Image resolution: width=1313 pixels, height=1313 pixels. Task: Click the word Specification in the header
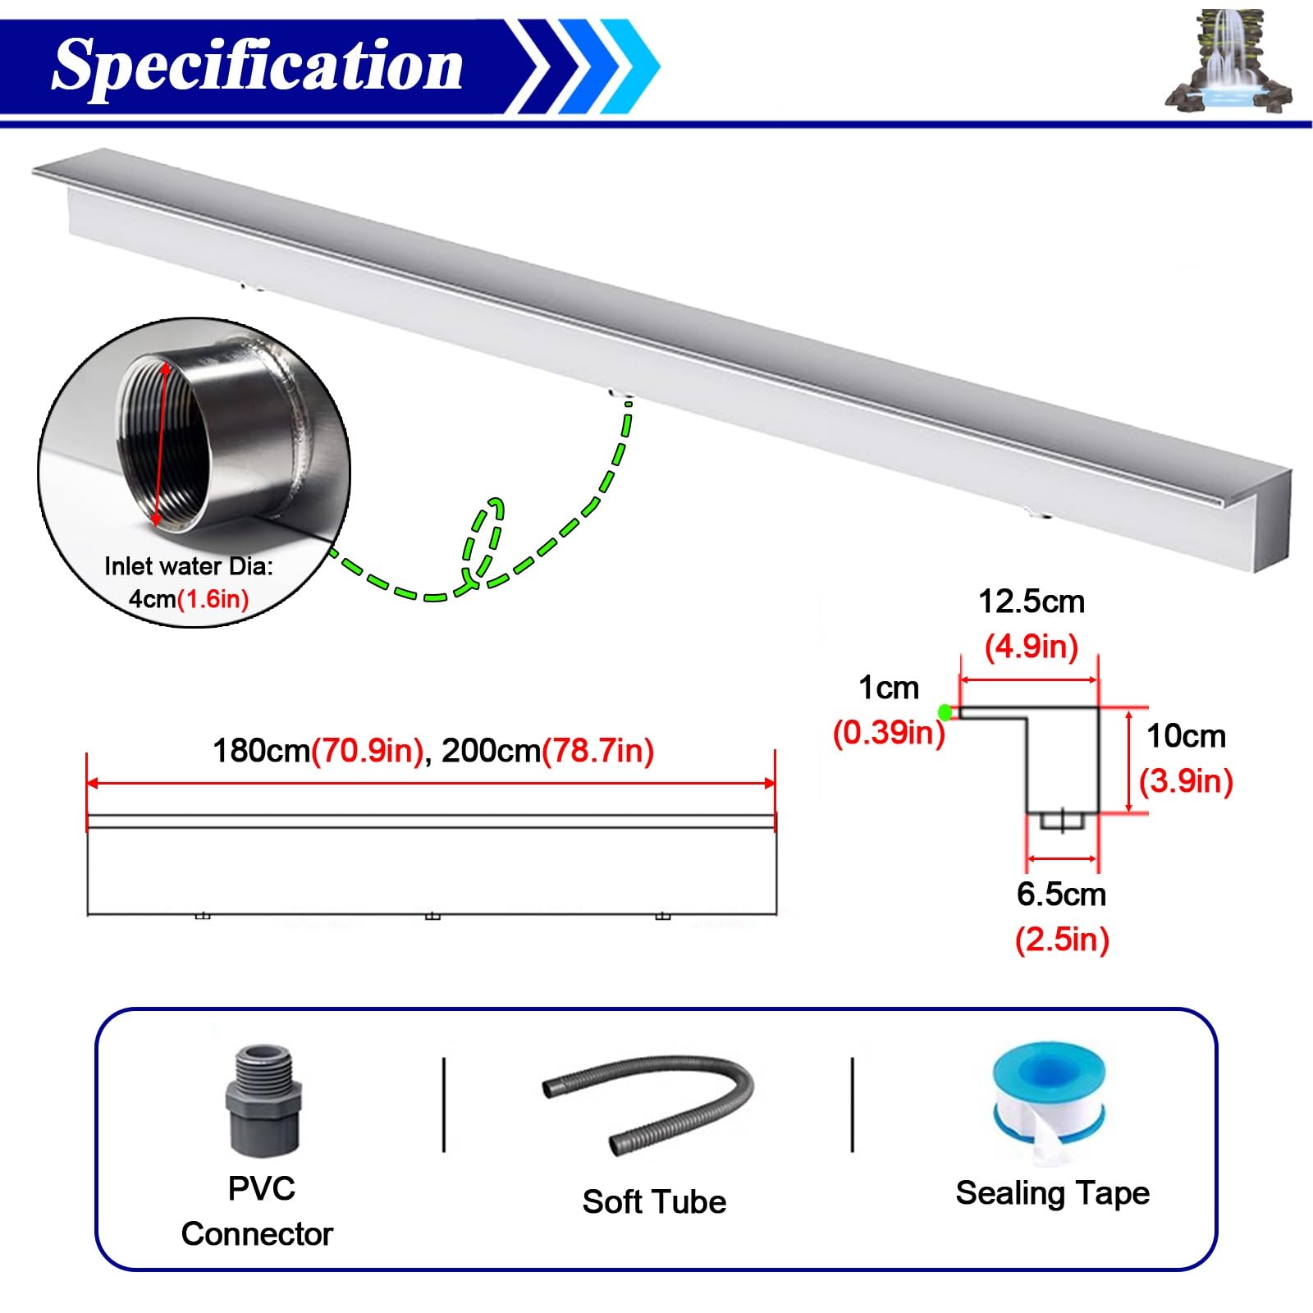pos(258,66)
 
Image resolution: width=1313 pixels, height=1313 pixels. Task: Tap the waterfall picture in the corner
pos(1228,62)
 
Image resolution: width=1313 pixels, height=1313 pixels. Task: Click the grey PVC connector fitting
pos(263,1100)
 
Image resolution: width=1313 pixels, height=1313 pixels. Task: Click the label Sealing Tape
pos(1052,1193)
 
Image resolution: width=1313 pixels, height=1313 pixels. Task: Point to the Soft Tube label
pos(654,1201)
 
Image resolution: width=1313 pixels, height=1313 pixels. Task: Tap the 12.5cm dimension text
pos(1032,602)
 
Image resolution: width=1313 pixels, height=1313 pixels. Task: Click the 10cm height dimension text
pos(1186,736)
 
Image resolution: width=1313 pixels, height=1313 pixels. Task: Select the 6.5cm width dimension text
pos(1061,894)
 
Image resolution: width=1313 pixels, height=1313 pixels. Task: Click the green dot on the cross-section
pos(945,712)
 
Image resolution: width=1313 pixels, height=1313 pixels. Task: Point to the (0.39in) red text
pos(889,732)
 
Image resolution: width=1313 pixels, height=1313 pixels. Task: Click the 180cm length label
pos(261,751)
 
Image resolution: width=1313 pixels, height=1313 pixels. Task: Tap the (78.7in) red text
pos(598,751)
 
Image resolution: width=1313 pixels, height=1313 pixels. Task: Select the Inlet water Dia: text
pos(189,566)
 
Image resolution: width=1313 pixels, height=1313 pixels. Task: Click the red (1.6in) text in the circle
pos(213,599)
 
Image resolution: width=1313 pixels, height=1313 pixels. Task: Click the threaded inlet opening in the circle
pos(162,443)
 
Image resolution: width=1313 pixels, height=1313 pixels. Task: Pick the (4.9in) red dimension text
pos(1032,647)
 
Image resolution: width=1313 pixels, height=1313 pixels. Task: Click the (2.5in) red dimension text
pos(1062,939)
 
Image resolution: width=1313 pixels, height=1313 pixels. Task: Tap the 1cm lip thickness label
pos(889,688)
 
